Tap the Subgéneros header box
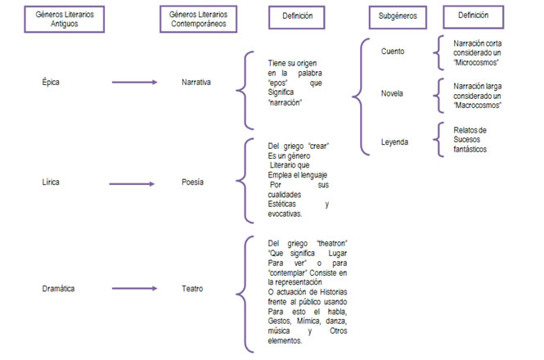(397, 16)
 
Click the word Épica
(51, 83)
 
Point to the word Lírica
(51, 182)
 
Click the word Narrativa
(197, 83)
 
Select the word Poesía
(194, 182)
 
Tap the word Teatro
(194, 288)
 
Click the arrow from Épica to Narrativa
(134, 83)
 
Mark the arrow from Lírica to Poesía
(134, 182)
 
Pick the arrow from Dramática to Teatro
(134, 288)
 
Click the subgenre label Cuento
(393, 52)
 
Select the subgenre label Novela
(393, 93)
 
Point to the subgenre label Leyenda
(395, 141)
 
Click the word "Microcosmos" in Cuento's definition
(478, 62)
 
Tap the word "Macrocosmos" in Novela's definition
(479, 105)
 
